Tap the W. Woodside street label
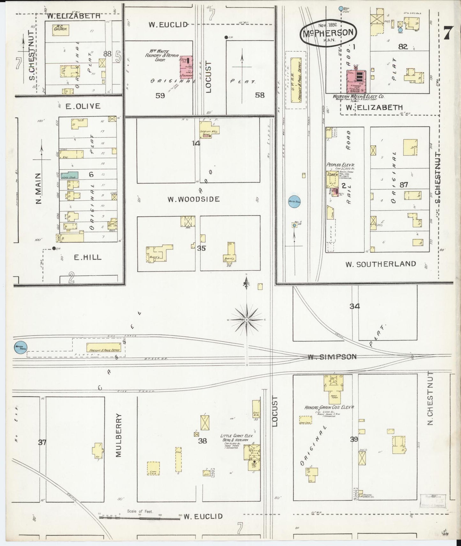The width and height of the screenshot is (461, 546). click(x=194, y=199)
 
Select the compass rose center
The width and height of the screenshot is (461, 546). click(x=247, y=319)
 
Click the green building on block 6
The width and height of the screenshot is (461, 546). click(x=70, y=175)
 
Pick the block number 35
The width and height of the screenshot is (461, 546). click(x=201, y=248)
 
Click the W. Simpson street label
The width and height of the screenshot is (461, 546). click(x=332, y=357)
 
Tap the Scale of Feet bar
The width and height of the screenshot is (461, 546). click(x=139, y=518)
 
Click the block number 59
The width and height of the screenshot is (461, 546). click(x=160, y=95)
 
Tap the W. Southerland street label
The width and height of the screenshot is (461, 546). click(x=381, y=264)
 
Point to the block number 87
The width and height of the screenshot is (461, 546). click(x=404, y=184)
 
